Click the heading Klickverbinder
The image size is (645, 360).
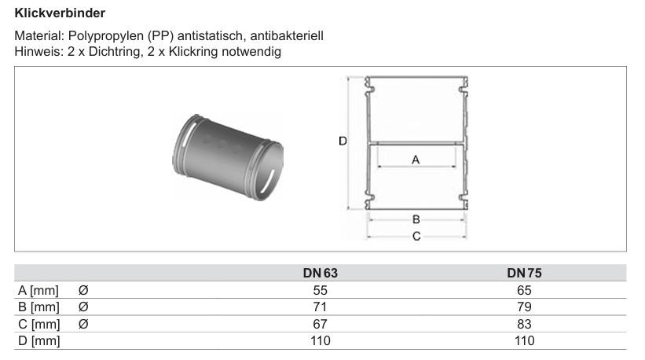[x=60, y=13]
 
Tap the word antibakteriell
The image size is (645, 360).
[x=287, y=36]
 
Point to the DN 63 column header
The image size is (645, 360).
[x=320, y=274]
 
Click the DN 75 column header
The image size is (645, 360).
[x=524, y=274]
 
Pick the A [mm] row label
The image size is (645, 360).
[x=38, y=291]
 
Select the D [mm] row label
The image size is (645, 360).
[x=39, y=341]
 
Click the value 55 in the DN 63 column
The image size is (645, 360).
[x=320, y=291]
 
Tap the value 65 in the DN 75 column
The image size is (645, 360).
[x=524, y=291]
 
